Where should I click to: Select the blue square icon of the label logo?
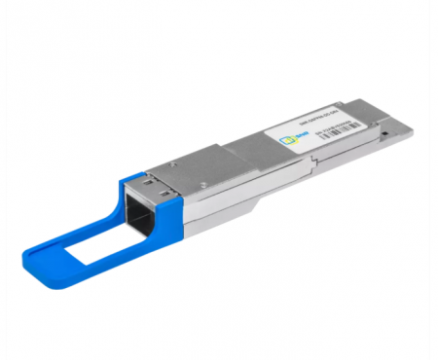coord(286,144)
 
